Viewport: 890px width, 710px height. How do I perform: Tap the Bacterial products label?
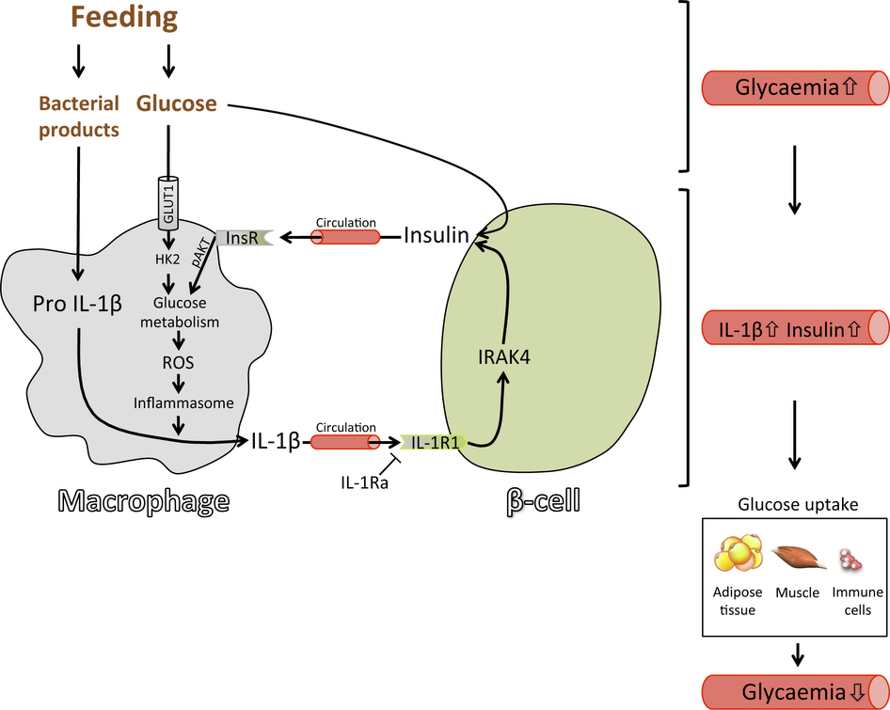(79, 116)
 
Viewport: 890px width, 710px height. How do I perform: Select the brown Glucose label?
(177, 103)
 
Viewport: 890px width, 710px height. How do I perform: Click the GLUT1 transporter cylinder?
(170, 203)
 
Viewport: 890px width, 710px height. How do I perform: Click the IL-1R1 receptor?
(434, 441)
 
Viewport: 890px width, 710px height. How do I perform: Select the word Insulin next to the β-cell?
(436, 235)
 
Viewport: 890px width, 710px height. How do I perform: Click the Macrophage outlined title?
(143, 500)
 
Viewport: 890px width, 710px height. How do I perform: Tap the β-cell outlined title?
(538, 500)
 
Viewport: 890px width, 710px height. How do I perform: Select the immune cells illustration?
(852, 560)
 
